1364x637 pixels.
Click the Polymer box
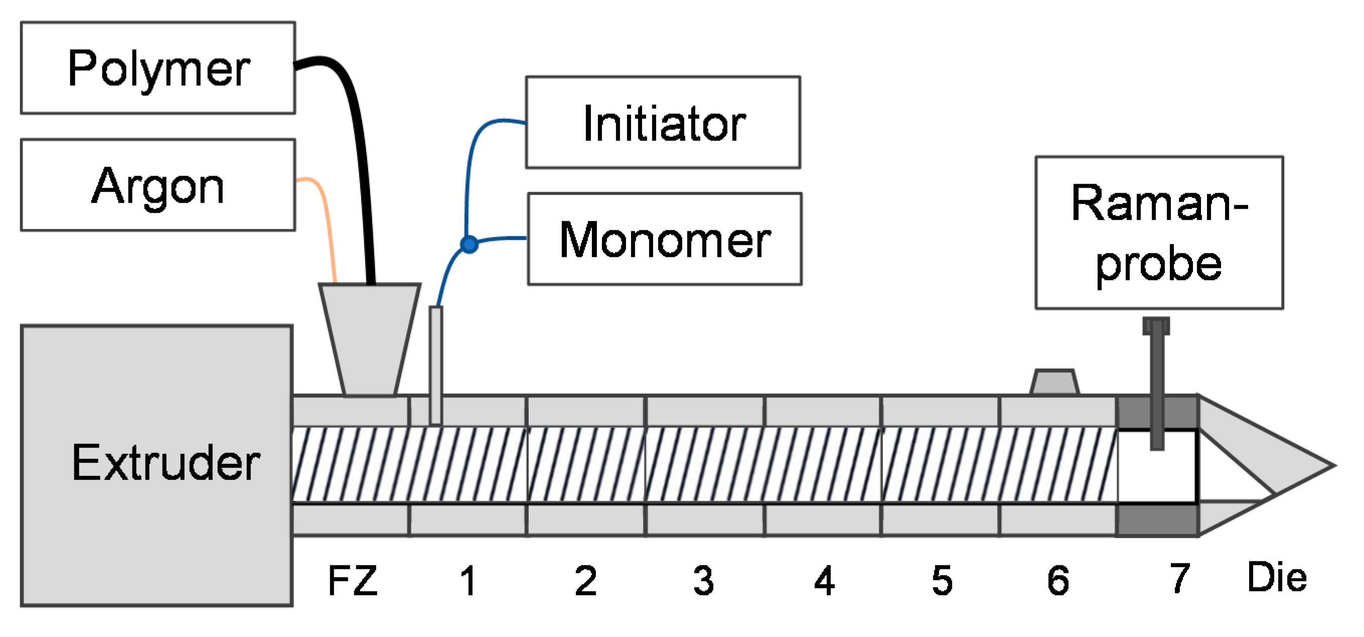tap(158, 68)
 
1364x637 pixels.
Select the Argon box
tap(158, 185)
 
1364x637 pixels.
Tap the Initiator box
tap(663, 123)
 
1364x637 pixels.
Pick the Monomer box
tap(665, 239)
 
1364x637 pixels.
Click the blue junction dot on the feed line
tap(469, 244)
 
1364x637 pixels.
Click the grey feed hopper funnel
tap(370, 334)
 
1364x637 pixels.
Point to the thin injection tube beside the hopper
tap(436, 365)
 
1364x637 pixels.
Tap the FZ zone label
tap(353, 581)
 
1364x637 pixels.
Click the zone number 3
tap(704, 581)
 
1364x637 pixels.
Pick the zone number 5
tap(942, 581)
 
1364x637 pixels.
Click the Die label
tap(1277, 577)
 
